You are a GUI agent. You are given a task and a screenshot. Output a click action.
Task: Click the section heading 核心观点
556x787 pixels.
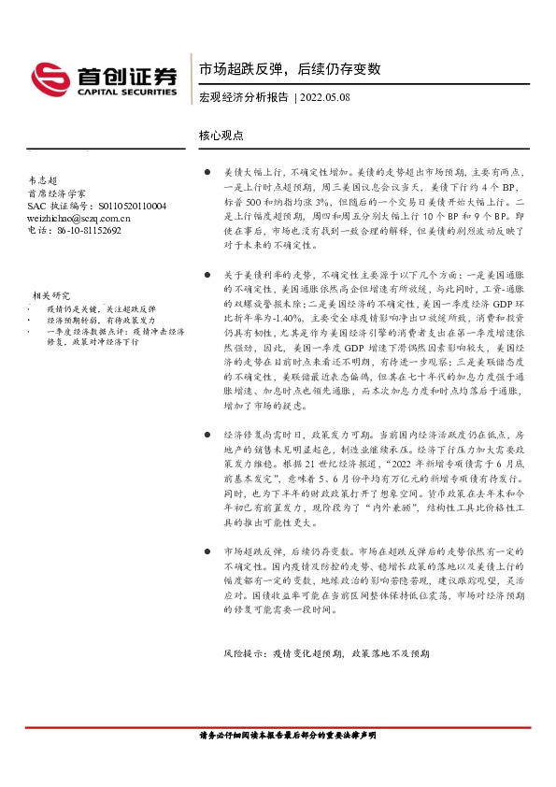click(221, 135)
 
